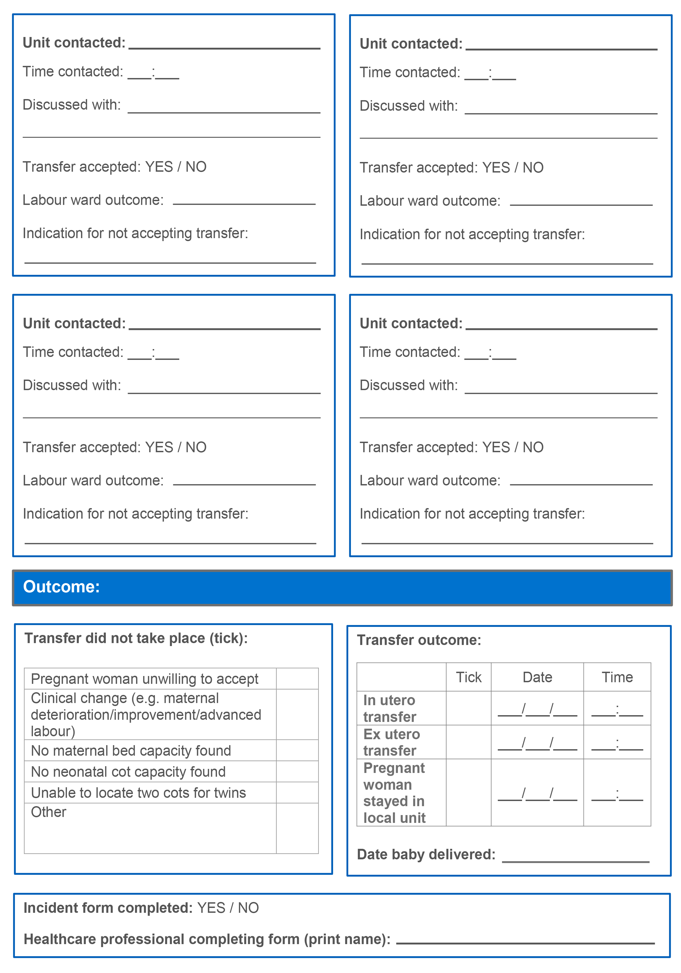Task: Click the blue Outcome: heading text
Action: [x=62, y=587]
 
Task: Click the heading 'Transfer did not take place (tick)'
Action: [x=136, y=638]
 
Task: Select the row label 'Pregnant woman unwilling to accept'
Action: [x=144, y=679]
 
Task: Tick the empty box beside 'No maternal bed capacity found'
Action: [x=297, y=751]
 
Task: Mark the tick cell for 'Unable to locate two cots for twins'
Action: [x=297, y=792]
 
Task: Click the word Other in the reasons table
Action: [x=49, y=812]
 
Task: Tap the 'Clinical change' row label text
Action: [x=146, y=714]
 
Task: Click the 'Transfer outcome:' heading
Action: [x=419, y=640]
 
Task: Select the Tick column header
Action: [x=469, y=677]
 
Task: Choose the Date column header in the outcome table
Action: [x=537, y=677]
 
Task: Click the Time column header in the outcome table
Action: [x=617, y=677]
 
